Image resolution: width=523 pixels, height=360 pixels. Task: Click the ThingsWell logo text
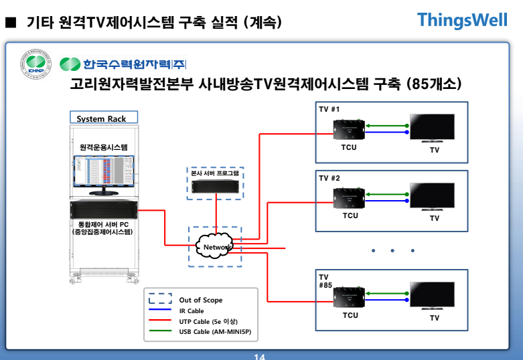[x=462, y=20]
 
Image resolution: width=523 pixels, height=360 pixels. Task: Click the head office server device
[x=214, y=187]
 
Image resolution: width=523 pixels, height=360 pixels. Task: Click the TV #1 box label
[x=329, y=109]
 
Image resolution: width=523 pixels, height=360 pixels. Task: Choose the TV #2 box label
[x=329, y=178]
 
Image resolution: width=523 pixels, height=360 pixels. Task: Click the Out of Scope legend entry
[x=200, y=300]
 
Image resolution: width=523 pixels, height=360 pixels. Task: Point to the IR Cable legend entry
[x=191, y=311]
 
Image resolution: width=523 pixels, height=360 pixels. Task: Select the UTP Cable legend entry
[x=208, y=322]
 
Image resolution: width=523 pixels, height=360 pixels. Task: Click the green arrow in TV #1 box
[x=387, y=125]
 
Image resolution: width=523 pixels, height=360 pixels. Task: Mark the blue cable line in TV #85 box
[x=387, y=301]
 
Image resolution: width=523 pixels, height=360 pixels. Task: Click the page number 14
[x=260, y=356]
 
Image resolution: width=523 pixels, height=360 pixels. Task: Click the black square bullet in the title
[x=10, y=23]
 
